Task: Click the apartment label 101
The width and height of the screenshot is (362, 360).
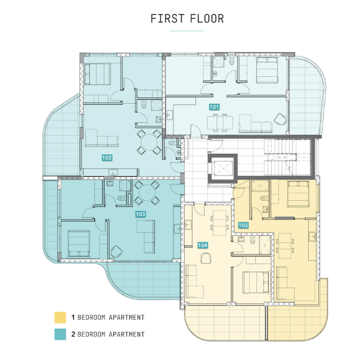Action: coord(214,107)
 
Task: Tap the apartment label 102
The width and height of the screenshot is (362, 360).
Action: coord(107,158)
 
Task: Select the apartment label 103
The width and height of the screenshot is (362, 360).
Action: coord(140,214)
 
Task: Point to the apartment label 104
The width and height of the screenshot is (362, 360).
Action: coord(203,245)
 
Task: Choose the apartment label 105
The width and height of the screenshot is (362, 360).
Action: coord(244,225)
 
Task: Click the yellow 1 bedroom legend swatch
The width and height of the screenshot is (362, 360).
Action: coord(60,317)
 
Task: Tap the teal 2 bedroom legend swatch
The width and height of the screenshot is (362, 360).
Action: coord(60,334)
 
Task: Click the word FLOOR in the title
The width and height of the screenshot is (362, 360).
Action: coord(207,19)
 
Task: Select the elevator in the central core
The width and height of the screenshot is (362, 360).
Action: coord(223,168)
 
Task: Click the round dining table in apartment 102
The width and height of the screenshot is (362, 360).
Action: coord(149,142)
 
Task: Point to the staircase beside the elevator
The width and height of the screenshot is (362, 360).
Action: coord(280,157)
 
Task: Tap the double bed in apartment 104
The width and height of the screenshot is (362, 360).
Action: coord(256,283)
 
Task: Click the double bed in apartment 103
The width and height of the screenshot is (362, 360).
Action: coord(79,243)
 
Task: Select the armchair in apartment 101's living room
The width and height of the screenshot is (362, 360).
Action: coord(280,119)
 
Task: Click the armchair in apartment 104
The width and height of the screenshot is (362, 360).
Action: coord(206,258)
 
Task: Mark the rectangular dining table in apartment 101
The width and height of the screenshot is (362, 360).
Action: coord(220,123)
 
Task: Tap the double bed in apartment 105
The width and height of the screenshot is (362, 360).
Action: coord(298,193)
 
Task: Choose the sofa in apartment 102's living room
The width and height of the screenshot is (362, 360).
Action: coord(102,138)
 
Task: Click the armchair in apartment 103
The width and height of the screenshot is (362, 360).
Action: coord(116,252)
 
